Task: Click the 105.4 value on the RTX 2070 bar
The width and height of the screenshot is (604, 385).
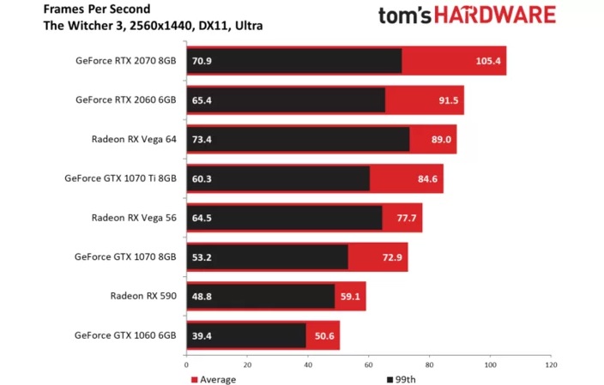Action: click(488, 62)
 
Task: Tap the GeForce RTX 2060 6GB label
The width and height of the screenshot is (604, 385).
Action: click(125, 99)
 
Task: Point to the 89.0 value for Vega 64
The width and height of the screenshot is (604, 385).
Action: click(441, 138)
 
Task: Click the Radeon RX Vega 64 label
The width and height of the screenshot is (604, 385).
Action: click(133, 138)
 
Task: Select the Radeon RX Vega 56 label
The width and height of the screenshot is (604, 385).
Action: click(133, 218)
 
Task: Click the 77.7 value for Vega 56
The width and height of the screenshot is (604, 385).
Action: click(406, 218)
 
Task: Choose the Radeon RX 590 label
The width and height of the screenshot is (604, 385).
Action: click(142, 296)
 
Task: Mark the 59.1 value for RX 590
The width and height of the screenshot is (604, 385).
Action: click(350, 296)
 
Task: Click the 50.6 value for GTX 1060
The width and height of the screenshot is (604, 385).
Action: click(325, 335)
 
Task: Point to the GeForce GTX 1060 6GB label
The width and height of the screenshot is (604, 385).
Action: click(125, 335)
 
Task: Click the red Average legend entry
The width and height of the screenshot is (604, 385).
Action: click(213, 378)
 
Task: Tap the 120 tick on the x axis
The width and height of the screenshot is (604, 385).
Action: click(550, 364)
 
